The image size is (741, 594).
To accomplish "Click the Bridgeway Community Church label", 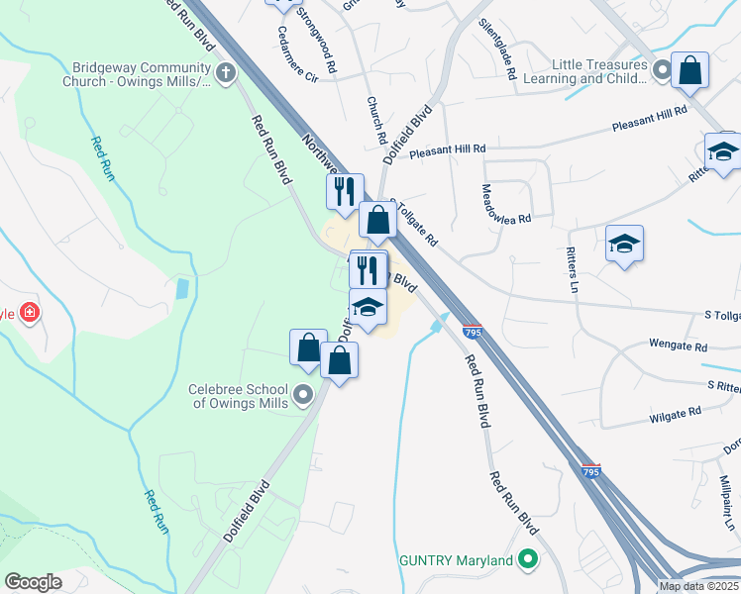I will click(x=142, y=73).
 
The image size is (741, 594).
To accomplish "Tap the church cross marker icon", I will click(x=226, y=72).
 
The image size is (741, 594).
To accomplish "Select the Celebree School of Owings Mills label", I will click(x=239, y=396).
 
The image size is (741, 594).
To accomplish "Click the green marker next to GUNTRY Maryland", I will click(x=527, y=560).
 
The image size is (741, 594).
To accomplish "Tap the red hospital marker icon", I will click(x=31, y=313).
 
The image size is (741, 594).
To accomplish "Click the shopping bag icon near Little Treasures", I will click(x=689, y=70).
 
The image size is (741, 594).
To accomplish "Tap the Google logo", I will click(x=33, y=582).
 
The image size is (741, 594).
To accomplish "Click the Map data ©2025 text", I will click(x=698, y=586).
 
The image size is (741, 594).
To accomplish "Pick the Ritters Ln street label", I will click(x=572, y=269).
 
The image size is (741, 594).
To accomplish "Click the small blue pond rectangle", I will click(x=180, y=290).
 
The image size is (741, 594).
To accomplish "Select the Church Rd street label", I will click(x=374, y=118).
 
